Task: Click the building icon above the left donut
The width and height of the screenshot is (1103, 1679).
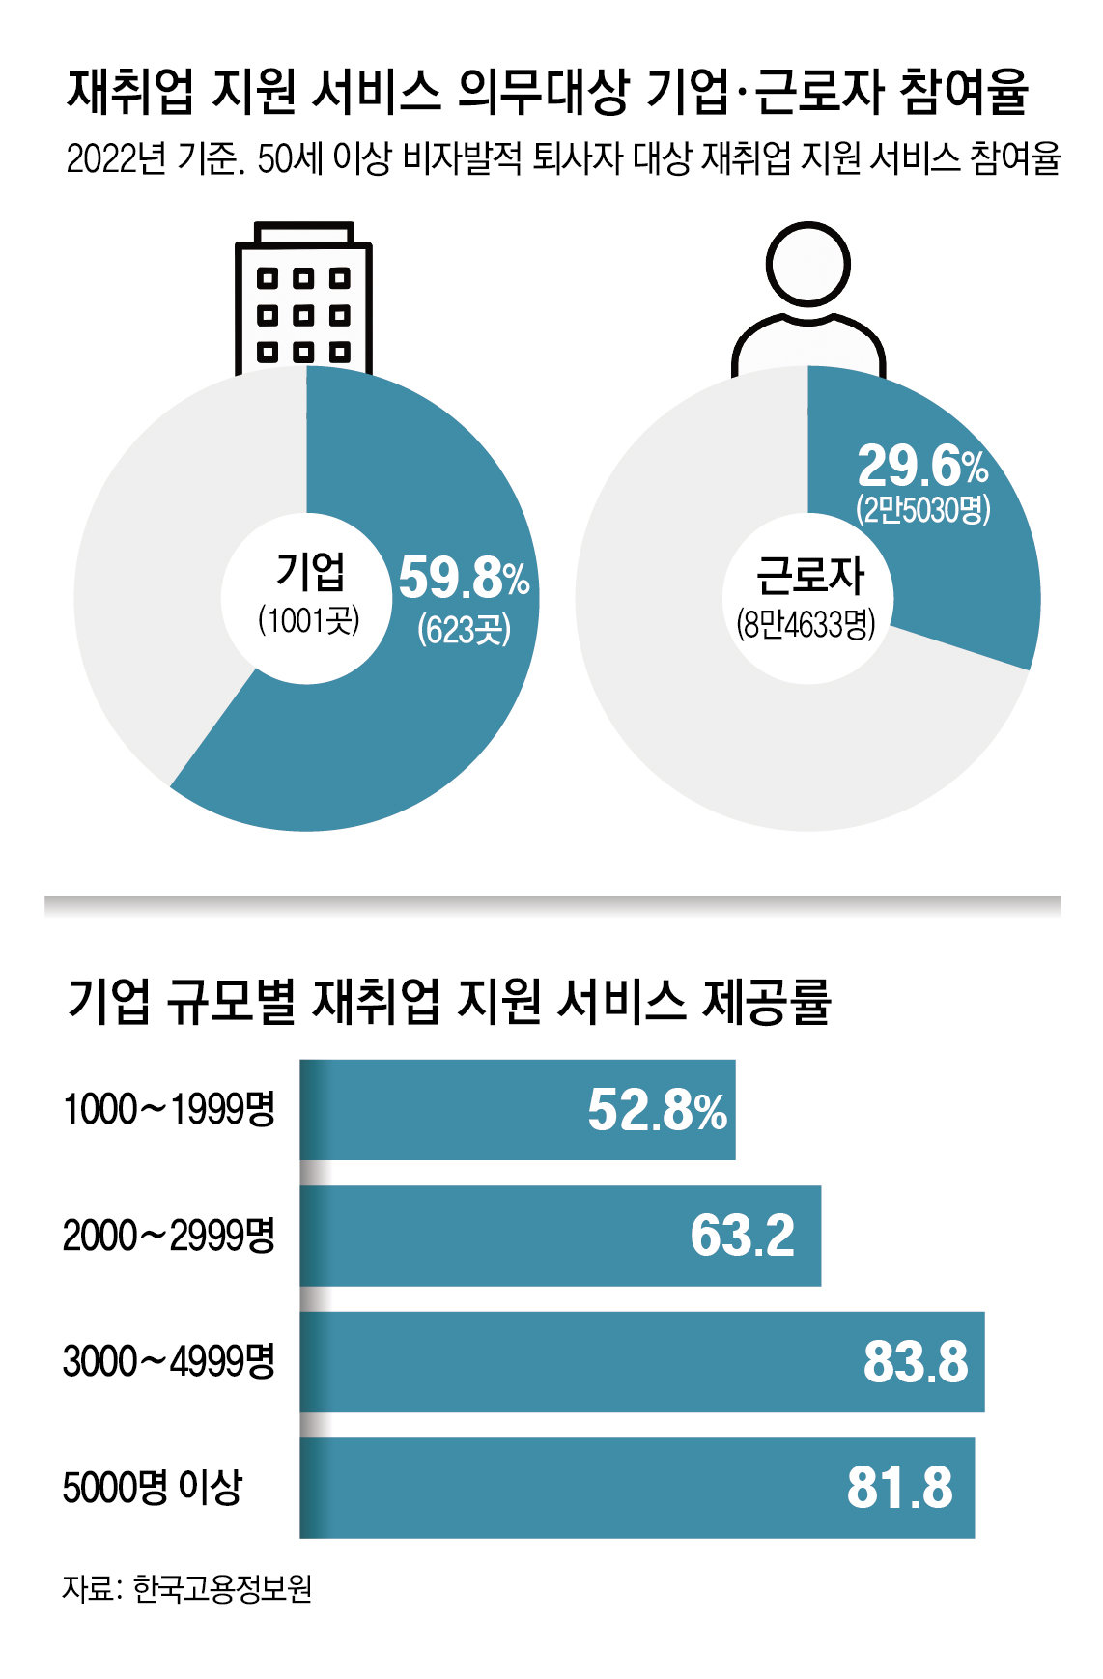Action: point(303,299)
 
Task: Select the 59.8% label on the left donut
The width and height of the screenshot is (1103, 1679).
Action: point(464,578)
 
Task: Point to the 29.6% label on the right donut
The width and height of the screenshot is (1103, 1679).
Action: point(922,467)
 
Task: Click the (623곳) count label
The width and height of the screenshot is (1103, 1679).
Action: point(464,630)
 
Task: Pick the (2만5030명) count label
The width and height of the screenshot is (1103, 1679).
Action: point(922,508)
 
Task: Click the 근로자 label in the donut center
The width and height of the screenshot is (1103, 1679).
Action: point(808,576)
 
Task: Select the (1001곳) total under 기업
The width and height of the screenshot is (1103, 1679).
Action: point(309,620)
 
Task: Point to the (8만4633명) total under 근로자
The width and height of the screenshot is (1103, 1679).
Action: point(806,625)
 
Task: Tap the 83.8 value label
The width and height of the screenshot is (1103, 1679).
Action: point(915,1362)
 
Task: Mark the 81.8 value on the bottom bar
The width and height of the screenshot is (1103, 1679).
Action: point(899,1488)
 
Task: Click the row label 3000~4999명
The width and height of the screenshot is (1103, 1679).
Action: point(169,1362)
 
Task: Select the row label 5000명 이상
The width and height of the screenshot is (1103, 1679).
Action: point(152,1488)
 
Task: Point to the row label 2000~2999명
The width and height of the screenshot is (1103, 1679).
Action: point(169,1236)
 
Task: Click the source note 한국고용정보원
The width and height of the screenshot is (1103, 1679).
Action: point(222,1589)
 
